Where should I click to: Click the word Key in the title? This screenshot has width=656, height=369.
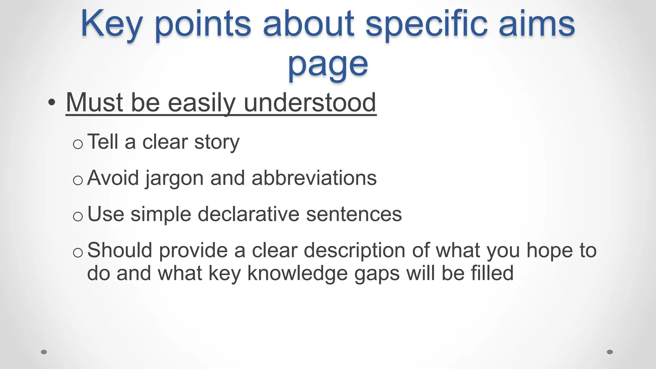pyautogui.click(x=111, y=24)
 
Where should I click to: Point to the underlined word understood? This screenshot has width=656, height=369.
pyautogui.click(x=310, y=102)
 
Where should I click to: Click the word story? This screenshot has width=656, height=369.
pyautogui.click(x=217, y=142)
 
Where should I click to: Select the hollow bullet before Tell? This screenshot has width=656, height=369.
pyautogui.click(x=78, y=144)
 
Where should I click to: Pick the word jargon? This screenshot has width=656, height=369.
pyautogui.click(x=174, y=178)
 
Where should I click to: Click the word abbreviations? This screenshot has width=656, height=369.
pyautogui.click(x=314, y=178)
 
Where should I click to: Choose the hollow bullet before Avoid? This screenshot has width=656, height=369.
pyautogui.click(x=78, y=181)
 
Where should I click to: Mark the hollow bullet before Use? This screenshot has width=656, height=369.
pyautogui.click(x=78, y=217)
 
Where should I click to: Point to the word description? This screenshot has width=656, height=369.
pyautogui.click(x=354, y=250)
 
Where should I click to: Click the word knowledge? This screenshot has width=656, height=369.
pyautogui.click(x=298, y=274)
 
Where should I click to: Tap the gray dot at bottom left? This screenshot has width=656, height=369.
pyautogui.click(x=44, y=352)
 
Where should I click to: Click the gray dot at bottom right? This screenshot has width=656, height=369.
pyautogui.click(x=610, y=352)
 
